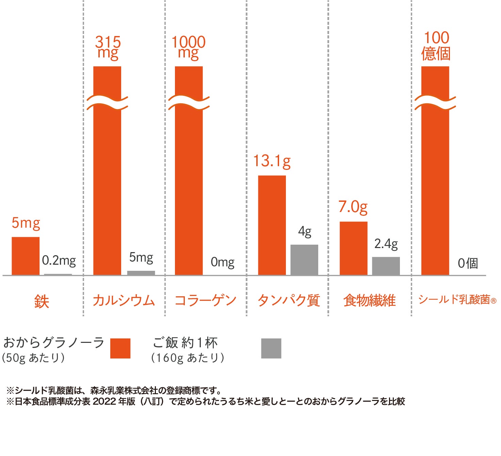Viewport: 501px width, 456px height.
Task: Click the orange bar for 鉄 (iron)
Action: click(26, 256)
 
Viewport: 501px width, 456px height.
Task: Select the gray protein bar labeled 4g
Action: click(304, 260)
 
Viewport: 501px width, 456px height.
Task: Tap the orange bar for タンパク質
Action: click(272, 225)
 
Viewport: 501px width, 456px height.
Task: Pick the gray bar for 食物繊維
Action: click(386, 266)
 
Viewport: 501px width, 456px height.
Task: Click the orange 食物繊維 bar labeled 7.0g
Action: click(353, 248)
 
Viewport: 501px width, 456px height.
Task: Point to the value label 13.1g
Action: click(272, 161)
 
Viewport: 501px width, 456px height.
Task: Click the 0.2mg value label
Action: click(59, 261)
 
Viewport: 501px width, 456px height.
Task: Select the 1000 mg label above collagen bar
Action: click(189, 48)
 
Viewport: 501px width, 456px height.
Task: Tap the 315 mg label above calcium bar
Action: click(108, 48)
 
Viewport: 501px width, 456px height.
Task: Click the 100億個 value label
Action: click(436, 46)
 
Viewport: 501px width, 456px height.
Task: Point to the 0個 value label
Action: click(468, 263)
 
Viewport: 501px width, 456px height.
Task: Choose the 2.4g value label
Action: click(386, 244)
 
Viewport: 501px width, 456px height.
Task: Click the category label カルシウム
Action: click(124, 300)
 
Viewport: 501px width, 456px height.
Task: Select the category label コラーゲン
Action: click(205, 300)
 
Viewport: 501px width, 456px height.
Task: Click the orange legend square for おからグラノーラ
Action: click(120, 348)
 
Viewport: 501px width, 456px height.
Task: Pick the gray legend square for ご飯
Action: click(271, 348)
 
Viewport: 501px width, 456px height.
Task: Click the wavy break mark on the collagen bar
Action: click(189, 103)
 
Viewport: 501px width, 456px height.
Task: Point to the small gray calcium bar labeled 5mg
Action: click(141, 273)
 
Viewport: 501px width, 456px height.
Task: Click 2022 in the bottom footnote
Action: click(104, 401)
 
